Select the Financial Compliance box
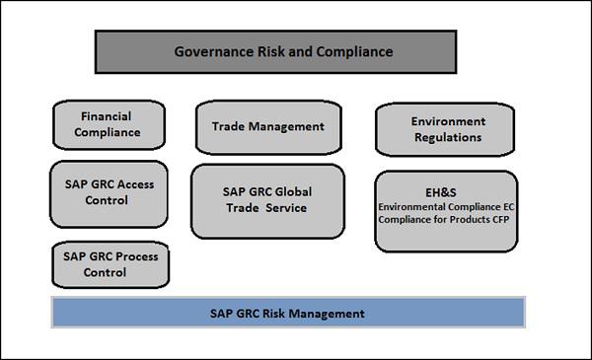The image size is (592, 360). (110, 124)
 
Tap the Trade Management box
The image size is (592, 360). (268, 126)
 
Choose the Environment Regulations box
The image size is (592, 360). (446, 129)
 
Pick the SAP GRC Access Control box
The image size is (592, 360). (109, 192)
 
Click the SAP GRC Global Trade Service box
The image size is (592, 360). (267, 200)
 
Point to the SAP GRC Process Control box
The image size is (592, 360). (110, 264)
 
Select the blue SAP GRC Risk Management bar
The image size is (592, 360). (286, 314)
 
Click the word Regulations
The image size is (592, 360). (447, 137)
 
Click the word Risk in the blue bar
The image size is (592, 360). (266, 314)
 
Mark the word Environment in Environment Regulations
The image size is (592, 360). (446, 120)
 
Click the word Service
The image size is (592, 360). (284, 208)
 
